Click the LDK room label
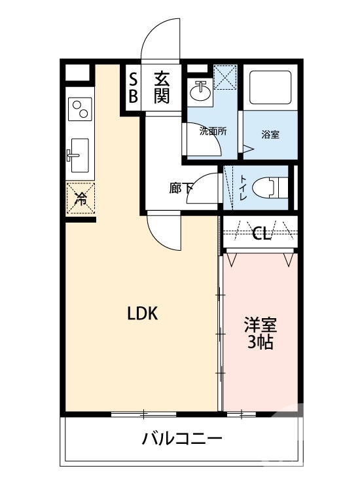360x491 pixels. (142, 314)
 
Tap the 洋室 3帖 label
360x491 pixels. (260, 333)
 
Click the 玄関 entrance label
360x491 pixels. (162, 88)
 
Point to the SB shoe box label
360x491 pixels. (133, 88)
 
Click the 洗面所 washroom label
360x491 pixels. (213, 131)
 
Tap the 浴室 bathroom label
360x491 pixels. (270, 135)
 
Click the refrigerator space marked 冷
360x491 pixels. (81, 198)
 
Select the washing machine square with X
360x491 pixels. (226, 78)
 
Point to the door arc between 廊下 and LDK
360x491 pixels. (162, 234)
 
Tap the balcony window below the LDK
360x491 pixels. (142, 414)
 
